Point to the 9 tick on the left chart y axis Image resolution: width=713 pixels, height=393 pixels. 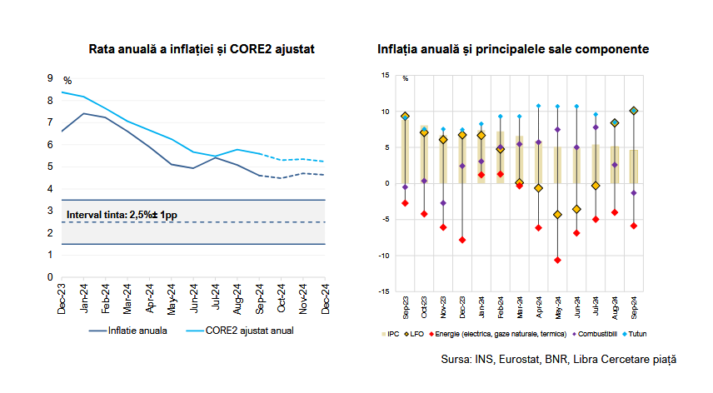tap(51, 78)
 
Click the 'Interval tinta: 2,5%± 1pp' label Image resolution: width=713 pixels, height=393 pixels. tap(121, 215)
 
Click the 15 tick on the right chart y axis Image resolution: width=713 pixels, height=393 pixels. tap(384, 75)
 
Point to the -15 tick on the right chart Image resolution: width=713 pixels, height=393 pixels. tap(382, 291)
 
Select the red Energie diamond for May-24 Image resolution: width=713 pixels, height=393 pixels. tap(557, 260)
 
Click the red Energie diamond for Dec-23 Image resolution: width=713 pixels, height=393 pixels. tap(462, 240)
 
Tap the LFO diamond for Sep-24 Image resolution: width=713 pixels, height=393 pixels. tap(634, 111)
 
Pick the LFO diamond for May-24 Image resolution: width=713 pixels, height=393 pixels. tap(557, 215)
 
